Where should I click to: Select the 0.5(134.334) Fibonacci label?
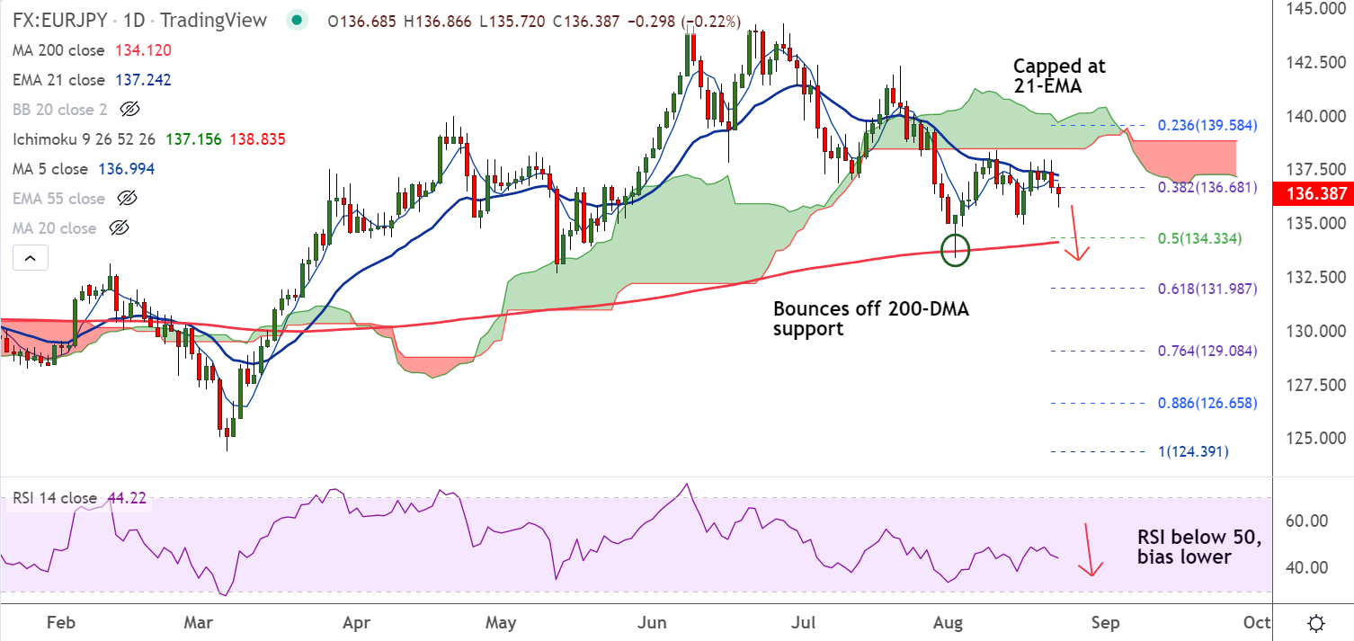point(1205,238)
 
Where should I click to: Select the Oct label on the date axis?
point(1256,622)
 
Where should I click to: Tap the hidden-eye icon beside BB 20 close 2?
point(130,110)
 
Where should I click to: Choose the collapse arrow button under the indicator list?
point(31,259)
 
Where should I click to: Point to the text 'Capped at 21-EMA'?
point(1059,76)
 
